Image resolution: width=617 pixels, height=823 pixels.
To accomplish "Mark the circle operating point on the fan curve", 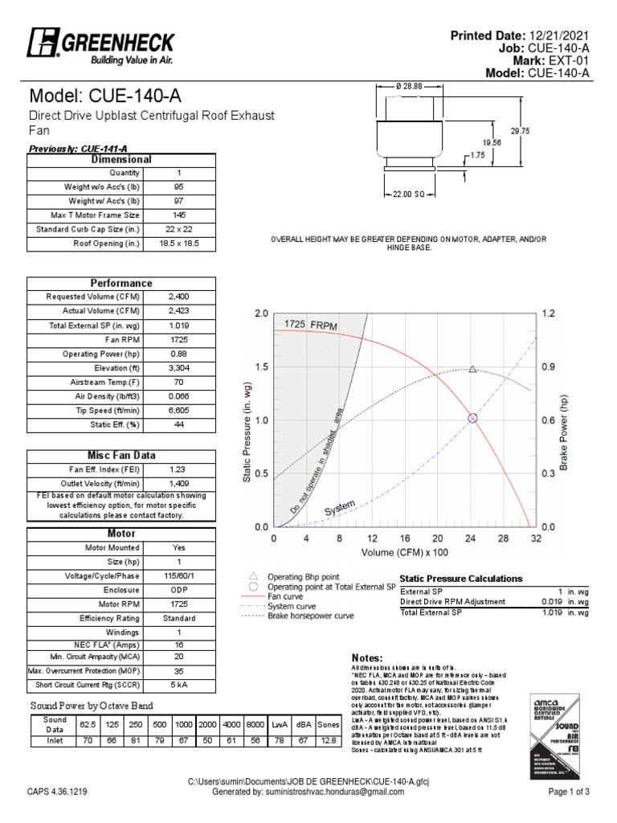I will coord(472,418).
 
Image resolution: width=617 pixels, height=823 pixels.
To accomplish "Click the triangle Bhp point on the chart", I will coord(472,370).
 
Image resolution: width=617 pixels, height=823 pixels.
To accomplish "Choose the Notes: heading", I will coord(368,657).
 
